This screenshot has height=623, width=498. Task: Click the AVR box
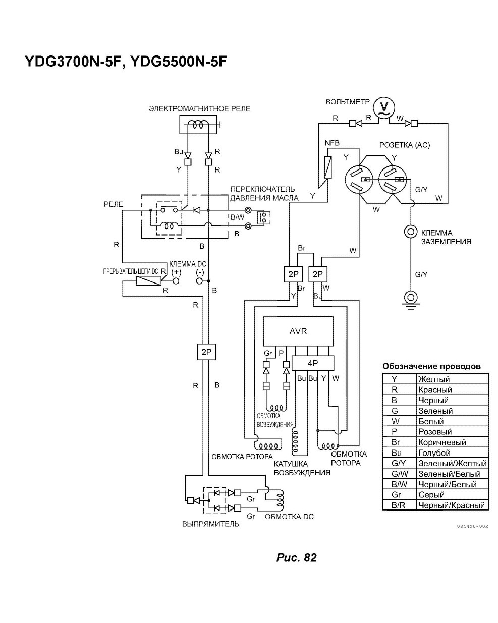298,331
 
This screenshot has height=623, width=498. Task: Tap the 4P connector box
312,363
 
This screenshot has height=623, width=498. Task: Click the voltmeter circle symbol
383,107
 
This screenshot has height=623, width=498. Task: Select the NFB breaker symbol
328,167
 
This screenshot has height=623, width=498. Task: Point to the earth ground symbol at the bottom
410,300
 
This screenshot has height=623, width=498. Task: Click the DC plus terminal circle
176,281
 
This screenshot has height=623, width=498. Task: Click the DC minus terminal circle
199,281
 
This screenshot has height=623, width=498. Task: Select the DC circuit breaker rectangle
148,281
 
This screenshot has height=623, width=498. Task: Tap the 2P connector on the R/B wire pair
206,352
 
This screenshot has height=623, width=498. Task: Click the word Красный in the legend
435,389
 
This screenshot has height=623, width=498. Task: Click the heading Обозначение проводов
431,366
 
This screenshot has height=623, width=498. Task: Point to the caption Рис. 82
297,557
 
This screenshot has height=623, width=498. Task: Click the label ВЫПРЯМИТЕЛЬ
210,524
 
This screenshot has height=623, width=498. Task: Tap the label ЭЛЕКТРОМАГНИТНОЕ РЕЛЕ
199,109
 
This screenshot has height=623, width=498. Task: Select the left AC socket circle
358,179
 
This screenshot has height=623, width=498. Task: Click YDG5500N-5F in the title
178,61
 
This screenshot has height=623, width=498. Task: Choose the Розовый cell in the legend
435,432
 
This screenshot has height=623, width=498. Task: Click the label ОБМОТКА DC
289,516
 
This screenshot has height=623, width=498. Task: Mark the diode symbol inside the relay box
197,210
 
